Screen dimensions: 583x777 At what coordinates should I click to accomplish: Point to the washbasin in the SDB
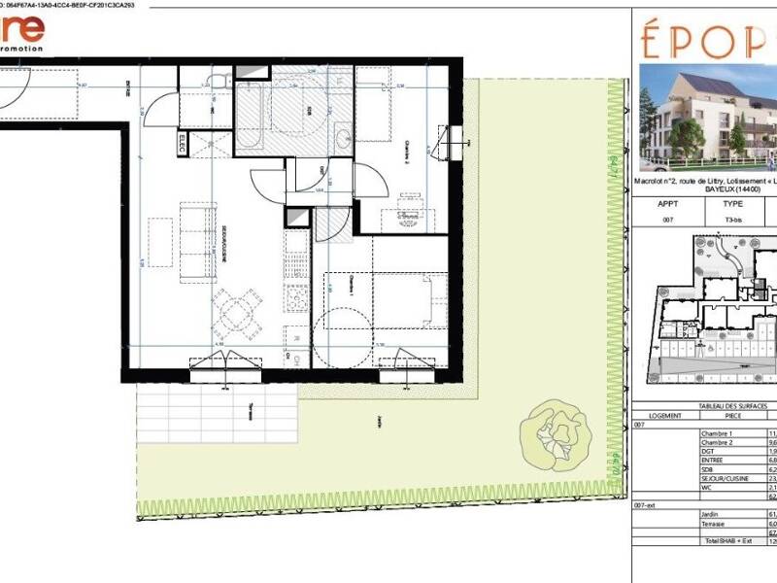[344, 137]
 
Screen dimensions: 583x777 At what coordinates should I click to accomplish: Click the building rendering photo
[705, 117]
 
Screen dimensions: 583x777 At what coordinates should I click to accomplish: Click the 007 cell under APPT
[667, 221]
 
